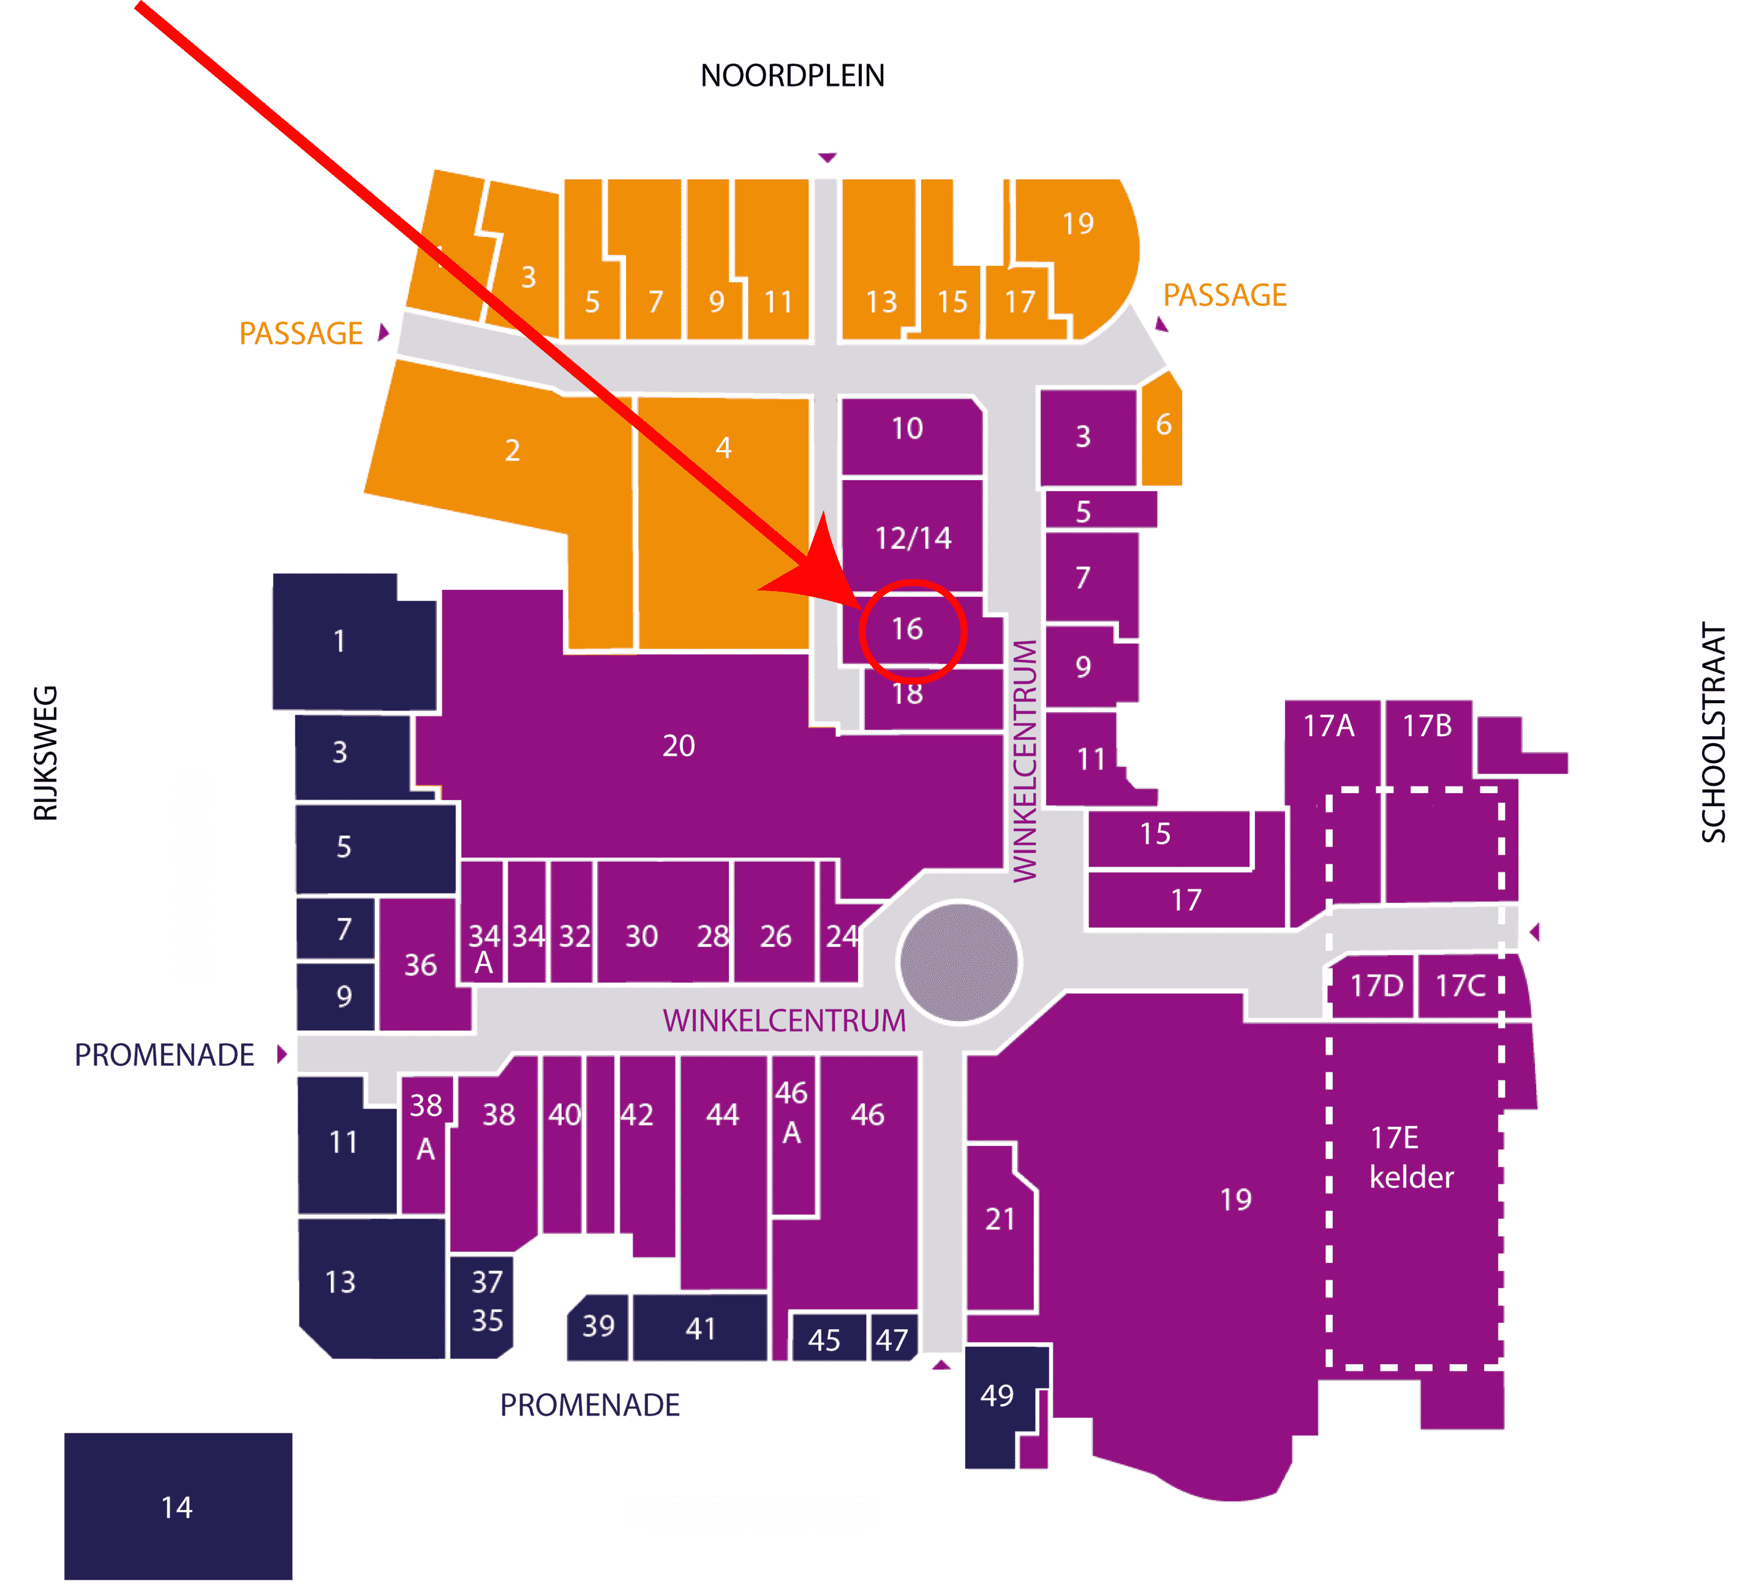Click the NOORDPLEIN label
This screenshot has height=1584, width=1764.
(x=792, y=76)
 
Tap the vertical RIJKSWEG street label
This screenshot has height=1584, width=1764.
(x=45, y=753)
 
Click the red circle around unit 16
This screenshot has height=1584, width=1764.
(x=913, y=581)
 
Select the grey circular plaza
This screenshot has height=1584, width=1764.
(x=959, y=962)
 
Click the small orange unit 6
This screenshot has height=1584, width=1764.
(x=1162, y=428)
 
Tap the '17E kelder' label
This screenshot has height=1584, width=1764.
(x=1411, y=1156)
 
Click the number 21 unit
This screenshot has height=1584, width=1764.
(x=1000, y=1227)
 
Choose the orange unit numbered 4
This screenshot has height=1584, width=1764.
(x=723, y=522)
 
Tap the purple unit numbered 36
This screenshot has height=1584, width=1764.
(x=422, y=964)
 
